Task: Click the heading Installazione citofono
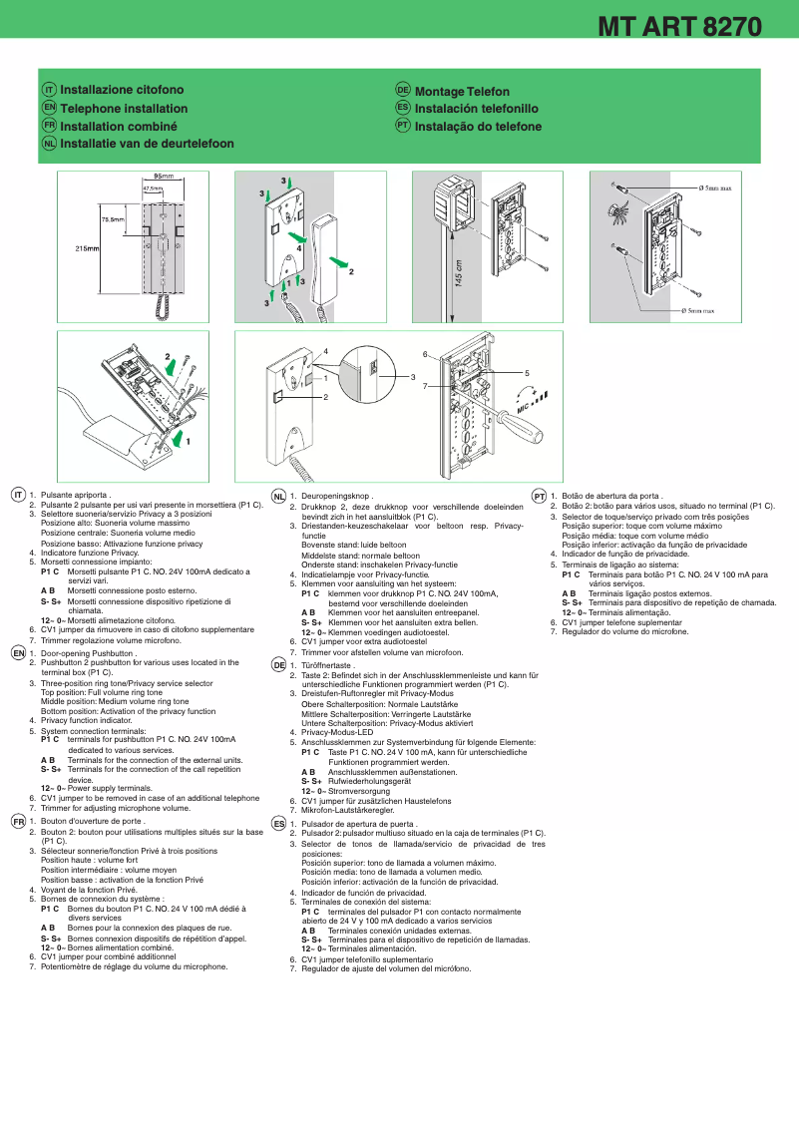pos(122,90)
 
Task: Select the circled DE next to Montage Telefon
pos(402,90)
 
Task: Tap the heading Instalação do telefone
pos(478,127)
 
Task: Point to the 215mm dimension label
pos(87,248)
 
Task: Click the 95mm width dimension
pos(163,176)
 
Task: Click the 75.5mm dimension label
pos(113,219)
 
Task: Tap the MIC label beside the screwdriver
pos(523,407)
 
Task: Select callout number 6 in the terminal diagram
pos(425,355)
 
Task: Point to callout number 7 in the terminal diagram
pos(425,385)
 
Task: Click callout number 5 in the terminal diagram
pos(527,372)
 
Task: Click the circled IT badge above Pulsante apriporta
pos(18,495)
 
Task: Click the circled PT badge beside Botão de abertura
pos(539,496)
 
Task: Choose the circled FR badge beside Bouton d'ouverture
pos(18,821)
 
